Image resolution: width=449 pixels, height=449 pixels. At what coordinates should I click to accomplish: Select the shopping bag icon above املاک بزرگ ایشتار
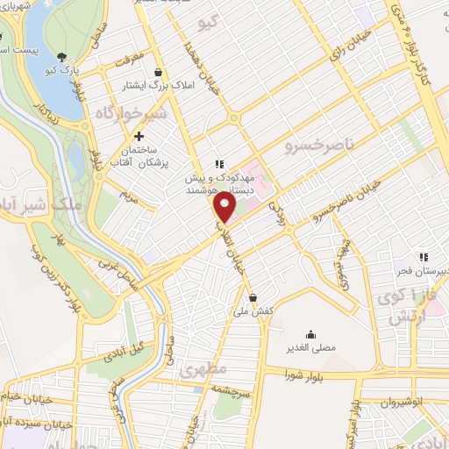tap(158, 72)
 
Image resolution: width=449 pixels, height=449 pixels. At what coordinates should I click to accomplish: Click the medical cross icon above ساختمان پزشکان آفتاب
tap(139, 136)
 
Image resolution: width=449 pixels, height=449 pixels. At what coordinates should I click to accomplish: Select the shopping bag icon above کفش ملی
tap(253, 296)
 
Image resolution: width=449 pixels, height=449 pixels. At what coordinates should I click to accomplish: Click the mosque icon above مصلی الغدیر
tap(310, 333)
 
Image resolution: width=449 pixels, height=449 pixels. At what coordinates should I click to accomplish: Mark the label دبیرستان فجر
tap(423, 272)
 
